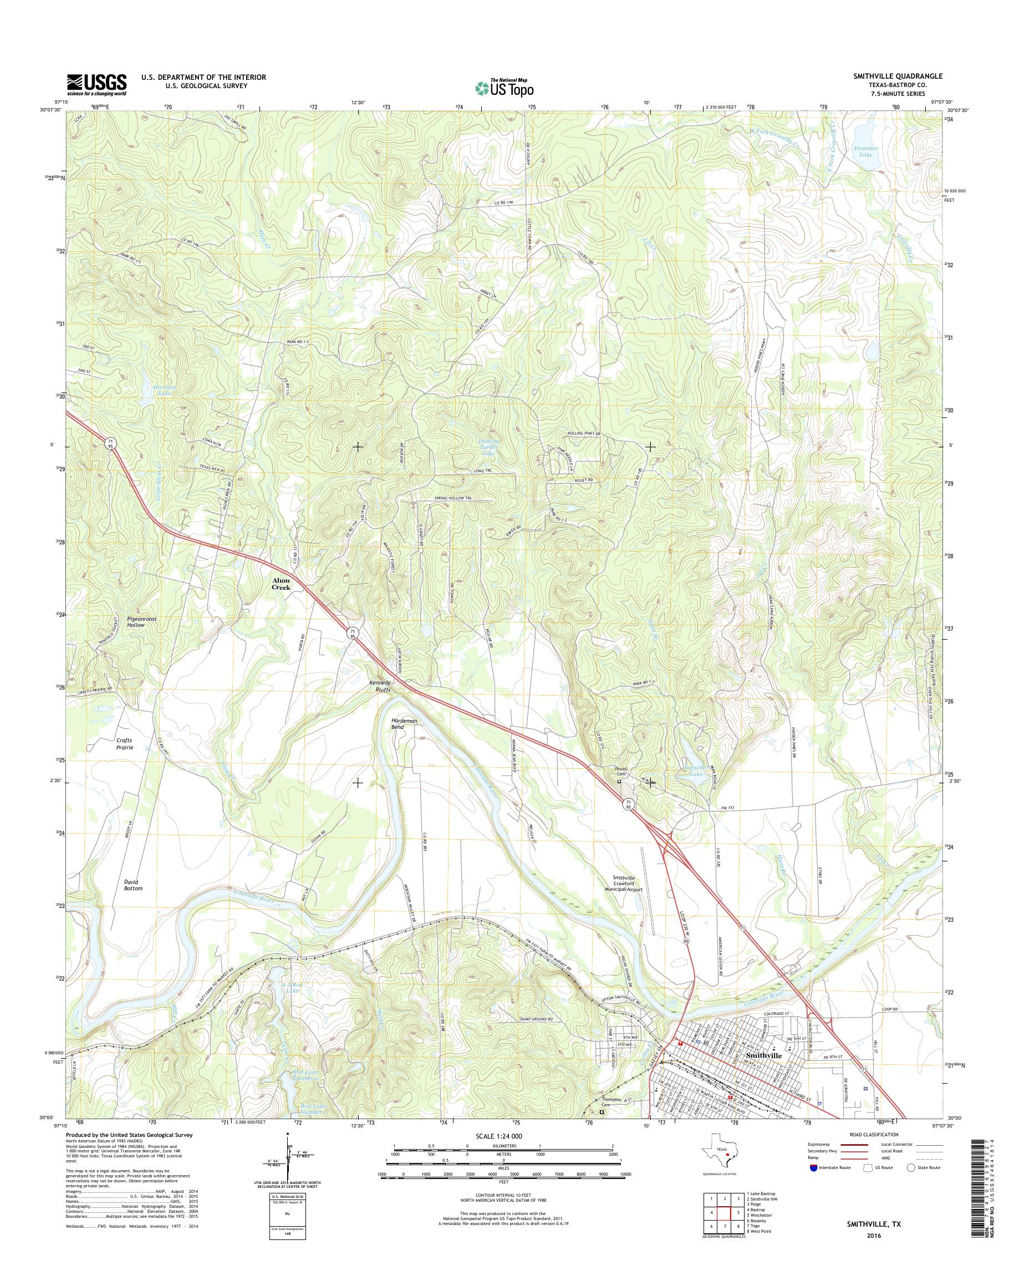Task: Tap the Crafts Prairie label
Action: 124,743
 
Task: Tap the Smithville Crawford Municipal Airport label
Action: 626,883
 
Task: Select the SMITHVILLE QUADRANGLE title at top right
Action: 898,76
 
